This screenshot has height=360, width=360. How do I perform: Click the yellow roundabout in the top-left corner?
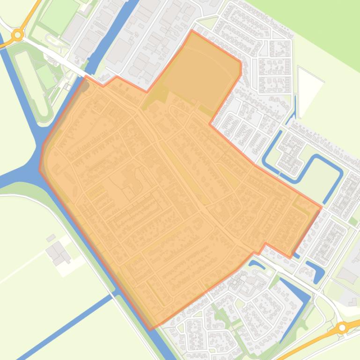(18, 34)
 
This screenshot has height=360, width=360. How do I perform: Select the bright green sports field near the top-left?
(59, 15)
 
